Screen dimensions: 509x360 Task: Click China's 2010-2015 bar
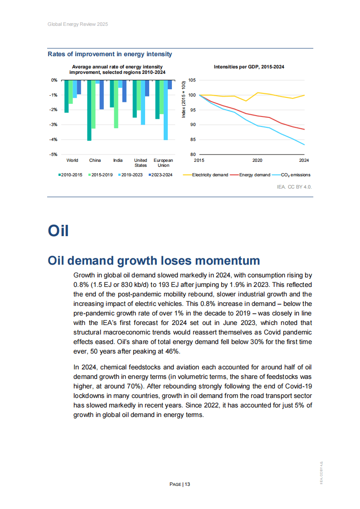[x=89, y=110]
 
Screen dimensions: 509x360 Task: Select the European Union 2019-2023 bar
[x=165, y=110]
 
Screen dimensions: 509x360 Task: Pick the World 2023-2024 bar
[x=79, y=87]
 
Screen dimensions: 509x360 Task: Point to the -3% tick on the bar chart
[x=54, y=125]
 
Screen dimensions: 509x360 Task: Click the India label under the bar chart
[x=118, y=160]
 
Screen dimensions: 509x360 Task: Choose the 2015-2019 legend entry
[x=101, y=175]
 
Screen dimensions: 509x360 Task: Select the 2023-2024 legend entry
[x=161, y=175]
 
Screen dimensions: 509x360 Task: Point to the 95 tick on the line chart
[x=192, y=110]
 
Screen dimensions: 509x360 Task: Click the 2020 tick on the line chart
[x=257, y=160]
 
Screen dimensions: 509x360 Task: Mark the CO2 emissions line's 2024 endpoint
[x=304, y=145]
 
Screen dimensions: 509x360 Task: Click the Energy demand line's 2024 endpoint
[x=304, y=130]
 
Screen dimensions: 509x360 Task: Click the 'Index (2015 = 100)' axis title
[x=184, y=100]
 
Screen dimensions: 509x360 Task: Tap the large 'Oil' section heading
[x=58, y=230]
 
